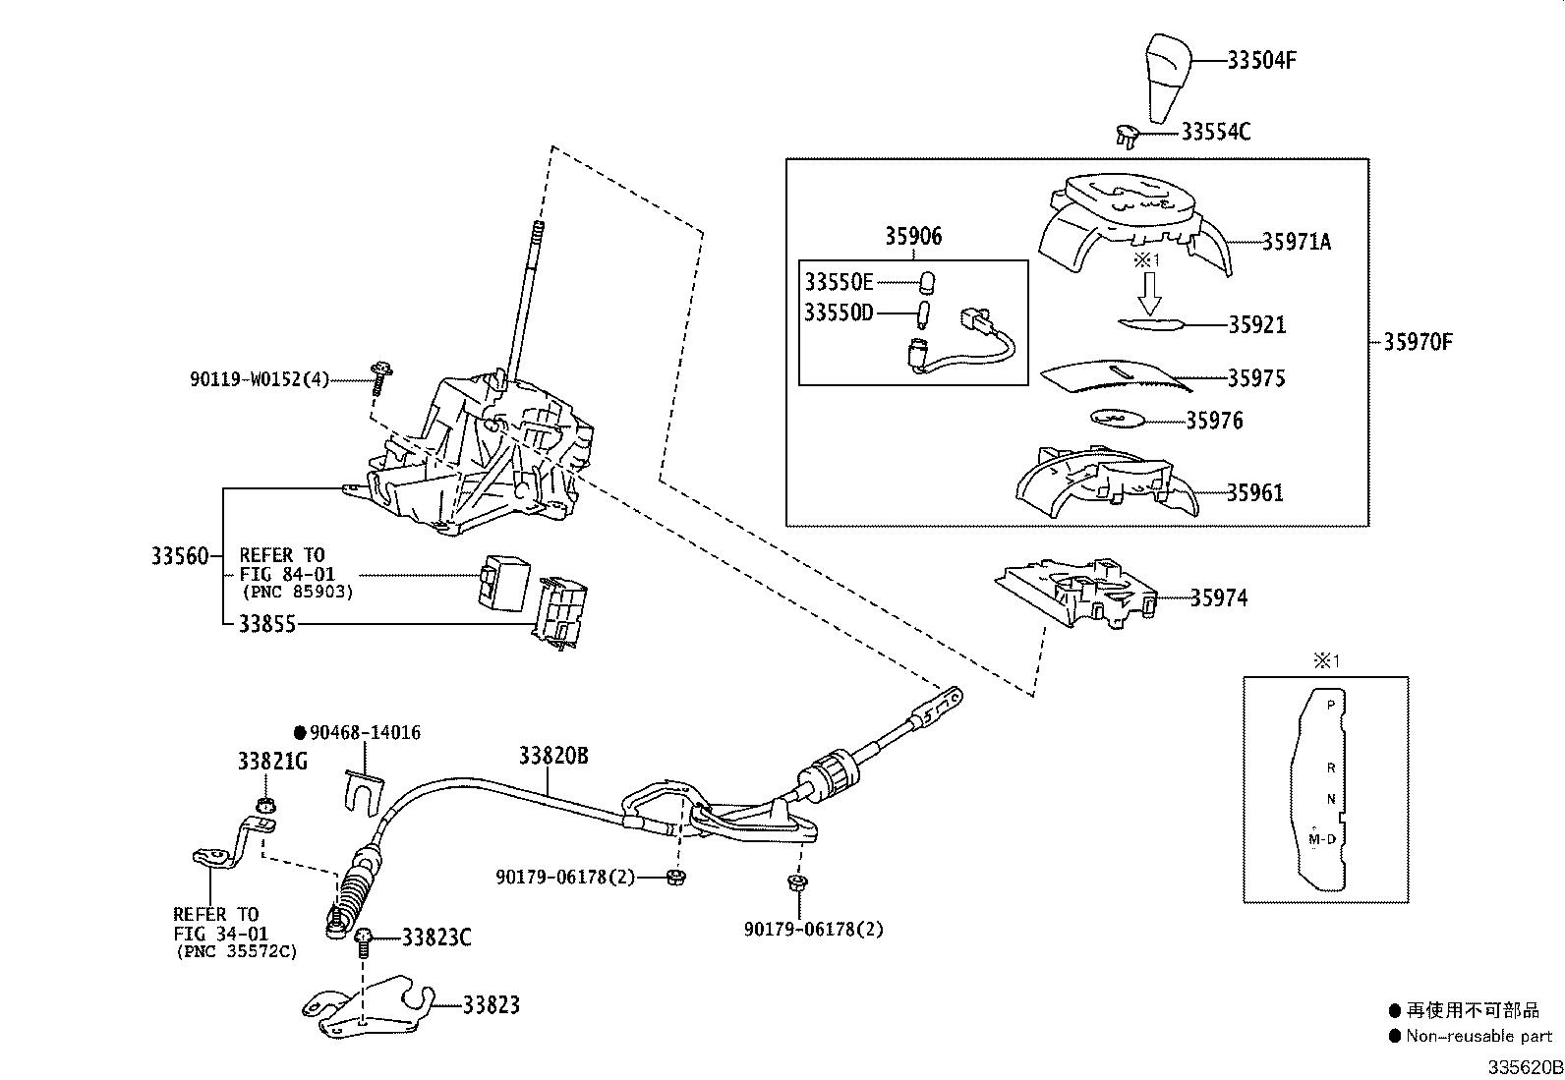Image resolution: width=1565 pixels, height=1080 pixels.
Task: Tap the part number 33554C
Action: click(x=1215, y=131)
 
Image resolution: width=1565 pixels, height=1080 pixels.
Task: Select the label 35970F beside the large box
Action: click(x=1418, y=342)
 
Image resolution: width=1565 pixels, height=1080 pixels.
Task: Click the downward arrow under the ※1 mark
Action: click(x=1150, y=292)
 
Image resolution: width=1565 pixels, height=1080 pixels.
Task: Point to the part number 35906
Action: click(x=912, y=236)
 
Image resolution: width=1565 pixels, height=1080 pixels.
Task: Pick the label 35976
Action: click(x=1214, y=421)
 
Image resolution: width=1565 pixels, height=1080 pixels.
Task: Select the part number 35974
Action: click(x=1218, y=597)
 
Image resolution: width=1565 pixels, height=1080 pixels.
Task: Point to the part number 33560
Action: click(x=179, y=556)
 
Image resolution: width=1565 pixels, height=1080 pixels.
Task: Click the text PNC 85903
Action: click(x=297, y=593)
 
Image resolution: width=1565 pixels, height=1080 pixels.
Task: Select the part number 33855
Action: click(x=266, y=623)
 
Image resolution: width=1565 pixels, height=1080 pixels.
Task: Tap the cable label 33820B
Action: click(x=552, y=755)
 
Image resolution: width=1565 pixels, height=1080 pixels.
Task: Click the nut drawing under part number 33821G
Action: click(x=262, y=805)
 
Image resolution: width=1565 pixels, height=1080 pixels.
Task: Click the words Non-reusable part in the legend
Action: click(x=1478, y=1035)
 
